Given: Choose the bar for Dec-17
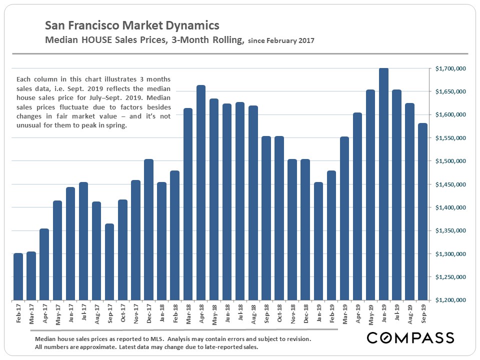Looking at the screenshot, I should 148,229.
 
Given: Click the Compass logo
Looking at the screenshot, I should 410,337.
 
